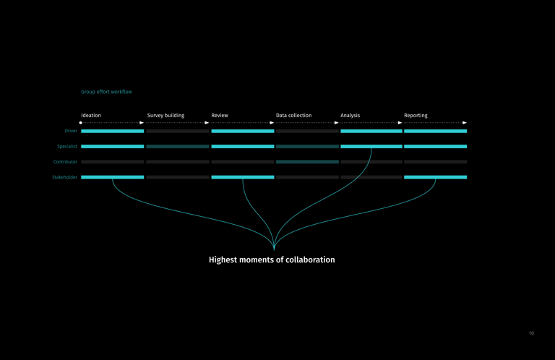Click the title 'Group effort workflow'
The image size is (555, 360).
point(106,92)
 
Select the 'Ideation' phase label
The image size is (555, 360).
point(91,116)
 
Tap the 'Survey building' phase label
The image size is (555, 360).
point(165,116)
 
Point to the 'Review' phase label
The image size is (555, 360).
point(220,116)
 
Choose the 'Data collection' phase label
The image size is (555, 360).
point(293,116)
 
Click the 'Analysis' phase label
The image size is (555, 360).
point(350,116)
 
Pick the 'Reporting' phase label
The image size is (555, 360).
point(416,116)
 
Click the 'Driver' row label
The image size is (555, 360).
point(71,132)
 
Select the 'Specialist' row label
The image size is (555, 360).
point(67,147)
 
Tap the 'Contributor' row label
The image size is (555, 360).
point(65,162)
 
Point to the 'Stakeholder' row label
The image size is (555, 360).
point(64,177)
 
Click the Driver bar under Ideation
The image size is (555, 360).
point(112,132)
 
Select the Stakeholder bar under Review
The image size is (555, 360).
point(242,177)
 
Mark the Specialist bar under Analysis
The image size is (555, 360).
point(371,147)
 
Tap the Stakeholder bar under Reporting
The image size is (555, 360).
point(435,177)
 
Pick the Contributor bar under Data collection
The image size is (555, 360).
point(307,162)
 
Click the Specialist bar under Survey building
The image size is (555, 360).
point(177,147)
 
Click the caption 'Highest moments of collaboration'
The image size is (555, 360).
point(272,260)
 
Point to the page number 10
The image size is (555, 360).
point(531,333)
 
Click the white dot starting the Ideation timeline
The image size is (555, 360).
point(81,123)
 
